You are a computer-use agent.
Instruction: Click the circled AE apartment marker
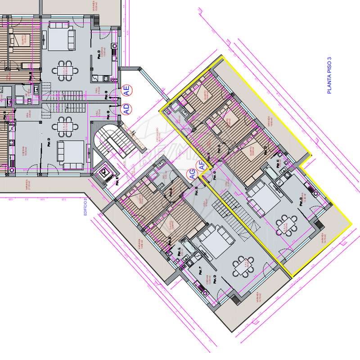[x=127, y=91]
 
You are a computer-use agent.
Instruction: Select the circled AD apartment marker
[x=126, y=108]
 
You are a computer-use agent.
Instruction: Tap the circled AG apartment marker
[x=192, y=175]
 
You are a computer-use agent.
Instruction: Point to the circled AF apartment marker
[x=202, y=166]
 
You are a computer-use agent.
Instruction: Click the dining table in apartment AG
[x=241, y=266]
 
